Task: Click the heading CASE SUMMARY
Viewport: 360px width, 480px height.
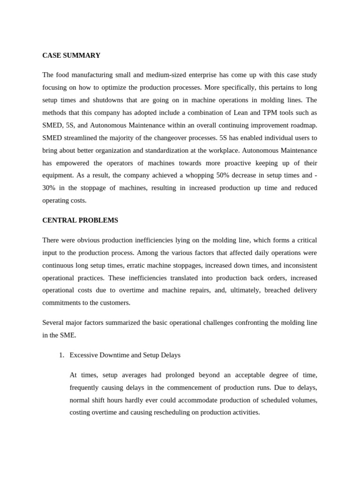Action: click(x=71, y=55)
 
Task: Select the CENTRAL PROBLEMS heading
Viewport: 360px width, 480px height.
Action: click(x=80, y=220)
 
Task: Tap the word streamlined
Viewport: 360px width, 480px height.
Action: click(x=81, y=138)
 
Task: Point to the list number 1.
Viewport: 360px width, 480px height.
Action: click(x=61, y=355)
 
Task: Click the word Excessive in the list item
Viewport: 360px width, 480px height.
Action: click(x=84, y=355)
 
